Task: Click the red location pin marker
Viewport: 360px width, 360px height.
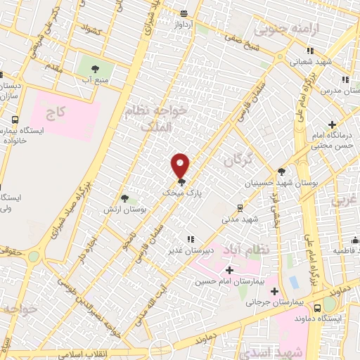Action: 181,165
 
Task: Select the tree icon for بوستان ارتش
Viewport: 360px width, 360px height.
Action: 124,199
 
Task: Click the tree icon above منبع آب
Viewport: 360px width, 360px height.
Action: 94,68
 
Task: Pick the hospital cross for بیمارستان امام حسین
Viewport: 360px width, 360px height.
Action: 229,269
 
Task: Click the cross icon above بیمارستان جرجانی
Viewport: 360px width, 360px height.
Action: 274,291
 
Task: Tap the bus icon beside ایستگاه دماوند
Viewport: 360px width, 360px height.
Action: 318,307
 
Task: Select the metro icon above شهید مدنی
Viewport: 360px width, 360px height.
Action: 240,207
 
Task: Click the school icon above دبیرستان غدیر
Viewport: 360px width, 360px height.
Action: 188,239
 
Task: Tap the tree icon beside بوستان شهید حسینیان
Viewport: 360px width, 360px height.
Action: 282,171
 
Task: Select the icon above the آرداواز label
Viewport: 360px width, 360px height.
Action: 184,13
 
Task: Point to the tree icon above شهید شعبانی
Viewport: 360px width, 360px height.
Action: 311,50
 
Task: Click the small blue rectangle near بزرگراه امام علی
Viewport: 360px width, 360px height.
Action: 293,281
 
